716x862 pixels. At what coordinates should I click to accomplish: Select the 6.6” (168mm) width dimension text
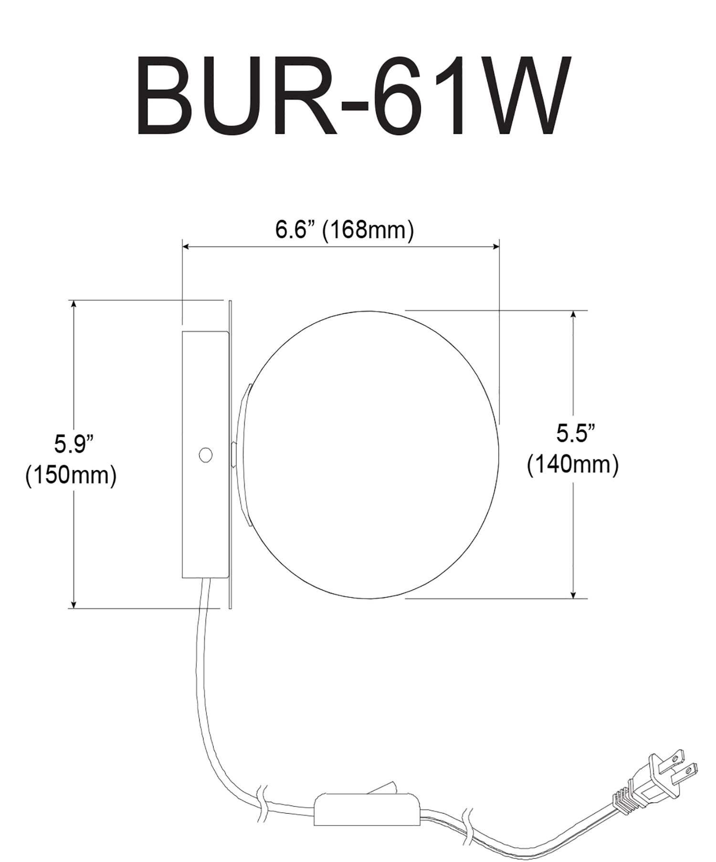coord(344,230)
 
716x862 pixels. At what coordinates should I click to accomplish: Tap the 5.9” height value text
coord(72,445)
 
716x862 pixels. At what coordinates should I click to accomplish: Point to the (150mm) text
coord(71,476)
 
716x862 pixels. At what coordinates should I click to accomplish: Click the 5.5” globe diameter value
coord(576,434)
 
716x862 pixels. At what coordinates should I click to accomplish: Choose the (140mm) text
coord(573,464)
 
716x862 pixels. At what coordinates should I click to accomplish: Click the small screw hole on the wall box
coord(205,455)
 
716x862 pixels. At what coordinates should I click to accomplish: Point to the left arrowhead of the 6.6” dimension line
coord(187,246)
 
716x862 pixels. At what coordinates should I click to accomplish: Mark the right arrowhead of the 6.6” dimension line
coord(495,246)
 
